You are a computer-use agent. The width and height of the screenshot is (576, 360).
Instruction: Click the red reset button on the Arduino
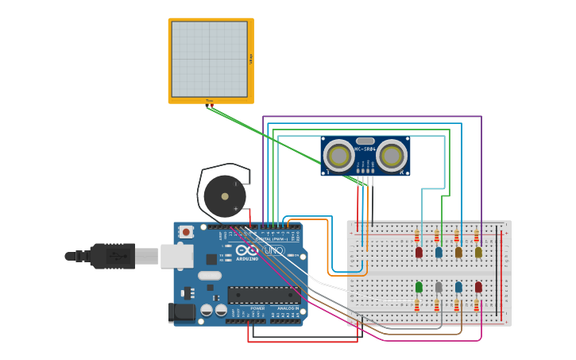click(186, 232)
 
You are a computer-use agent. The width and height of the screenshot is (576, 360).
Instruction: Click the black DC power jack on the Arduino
click(183, 312)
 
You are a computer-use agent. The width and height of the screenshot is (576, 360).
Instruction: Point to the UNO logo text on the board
click(273, 250)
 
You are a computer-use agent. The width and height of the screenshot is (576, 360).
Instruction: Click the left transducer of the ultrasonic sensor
click(339, 156)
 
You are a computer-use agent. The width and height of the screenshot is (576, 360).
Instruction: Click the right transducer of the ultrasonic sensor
click(391, 156)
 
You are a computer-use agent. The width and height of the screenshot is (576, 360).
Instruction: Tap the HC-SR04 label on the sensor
click(365, 149)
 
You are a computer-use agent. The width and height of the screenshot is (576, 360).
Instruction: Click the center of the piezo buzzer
click(225, 196)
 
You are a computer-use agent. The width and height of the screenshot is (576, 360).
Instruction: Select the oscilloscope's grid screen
click(210, 59)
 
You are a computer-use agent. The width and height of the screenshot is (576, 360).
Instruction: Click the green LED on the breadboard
click(419, 287)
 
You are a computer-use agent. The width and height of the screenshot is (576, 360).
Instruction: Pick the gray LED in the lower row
click(439, 287)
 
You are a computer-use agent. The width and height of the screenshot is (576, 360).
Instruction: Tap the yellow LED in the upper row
click(478, 252)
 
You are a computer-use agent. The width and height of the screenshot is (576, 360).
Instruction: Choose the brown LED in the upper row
click(458, 252)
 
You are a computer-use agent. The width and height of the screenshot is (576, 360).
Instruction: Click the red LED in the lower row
click(478, 287)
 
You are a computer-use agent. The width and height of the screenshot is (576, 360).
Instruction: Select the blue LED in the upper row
click(439, 252)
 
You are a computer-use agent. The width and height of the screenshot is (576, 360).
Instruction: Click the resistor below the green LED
click(416, 305)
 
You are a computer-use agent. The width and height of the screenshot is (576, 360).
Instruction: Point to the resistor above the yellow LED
click(477, 236)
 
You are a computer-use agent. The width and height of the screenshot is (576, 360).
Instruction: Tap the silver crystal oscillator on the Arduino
click(209, 276)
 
